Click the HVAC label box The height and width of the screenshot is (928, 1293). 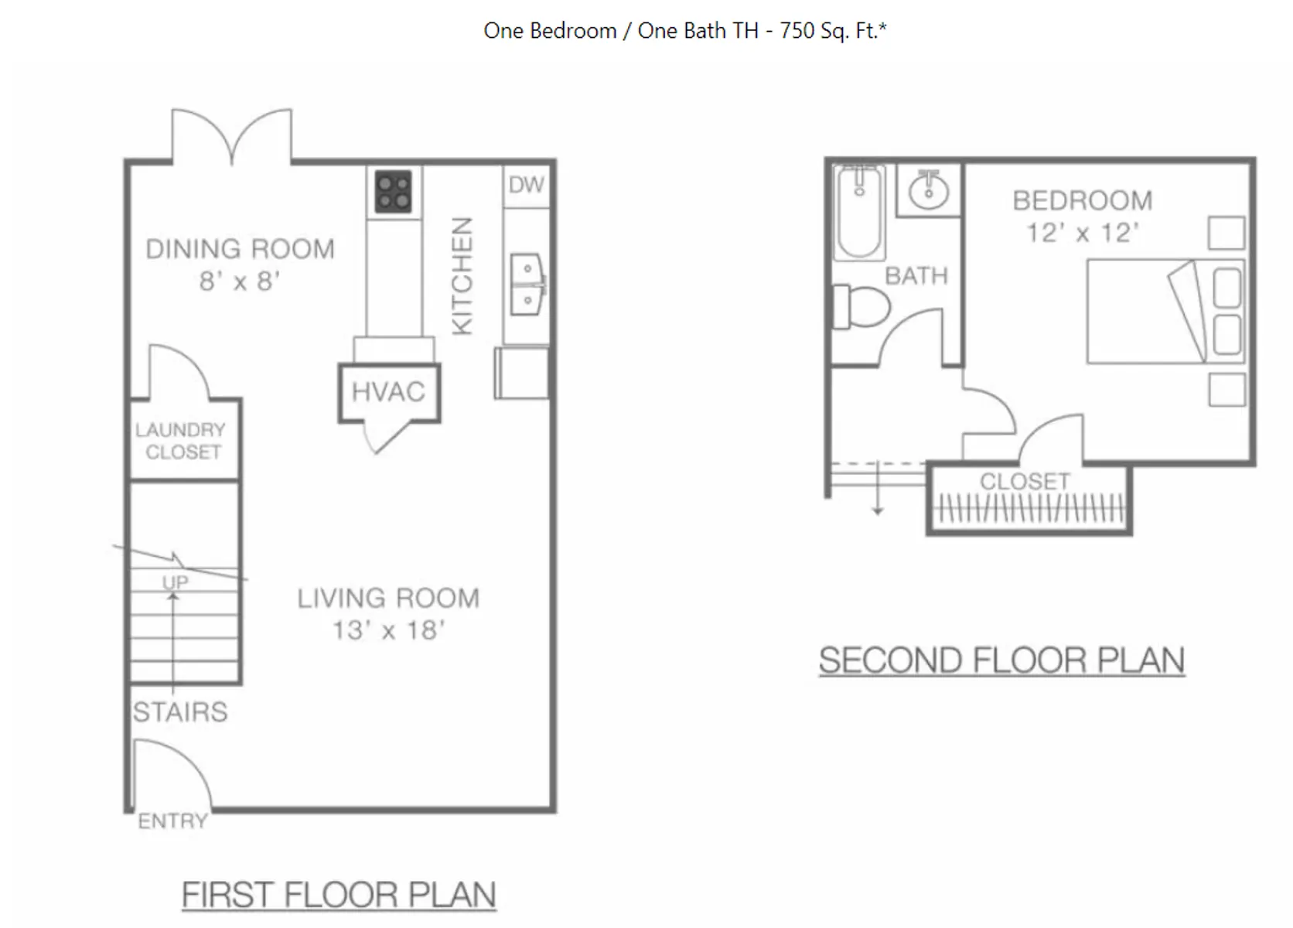coord(389,392)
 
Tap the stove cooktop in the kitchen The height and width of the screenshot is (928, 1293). coord(394,191)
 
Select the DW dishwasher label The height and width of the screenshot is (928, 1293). coord(526,185)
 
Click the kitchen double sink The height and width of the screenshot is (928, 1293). coord(528,285)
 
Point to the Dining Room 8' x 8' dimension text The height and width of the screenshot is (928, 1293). coord(240,281)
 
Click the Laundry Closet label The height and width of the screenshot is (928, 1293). coord(181,441)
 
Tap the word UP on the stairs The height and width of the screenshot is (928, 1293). coord(176,582)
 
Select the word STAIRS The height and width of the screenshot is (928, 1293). coord(180,711)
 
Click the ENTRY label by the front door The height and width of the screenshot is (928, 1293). coord(172,821)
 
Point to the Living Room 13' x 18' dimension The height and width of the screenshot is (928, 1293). coord(388,630)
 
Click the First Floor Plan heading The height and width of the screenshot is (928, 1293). coord(339,895)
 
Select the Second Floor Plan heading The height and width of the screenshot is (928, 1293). coord(1002,660)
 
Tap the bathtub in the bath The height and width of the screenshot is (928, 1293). coord(859,212)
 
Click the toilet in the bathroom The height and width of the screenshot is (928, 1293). coord(861,307)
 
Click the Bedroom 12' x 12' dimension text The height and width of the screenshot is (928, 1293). coord(1083,233)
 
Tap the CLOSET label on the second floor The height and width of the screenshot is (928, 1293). coord(1025,481)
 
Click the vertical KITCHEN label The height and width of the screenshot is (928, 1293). coord(462,276)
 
